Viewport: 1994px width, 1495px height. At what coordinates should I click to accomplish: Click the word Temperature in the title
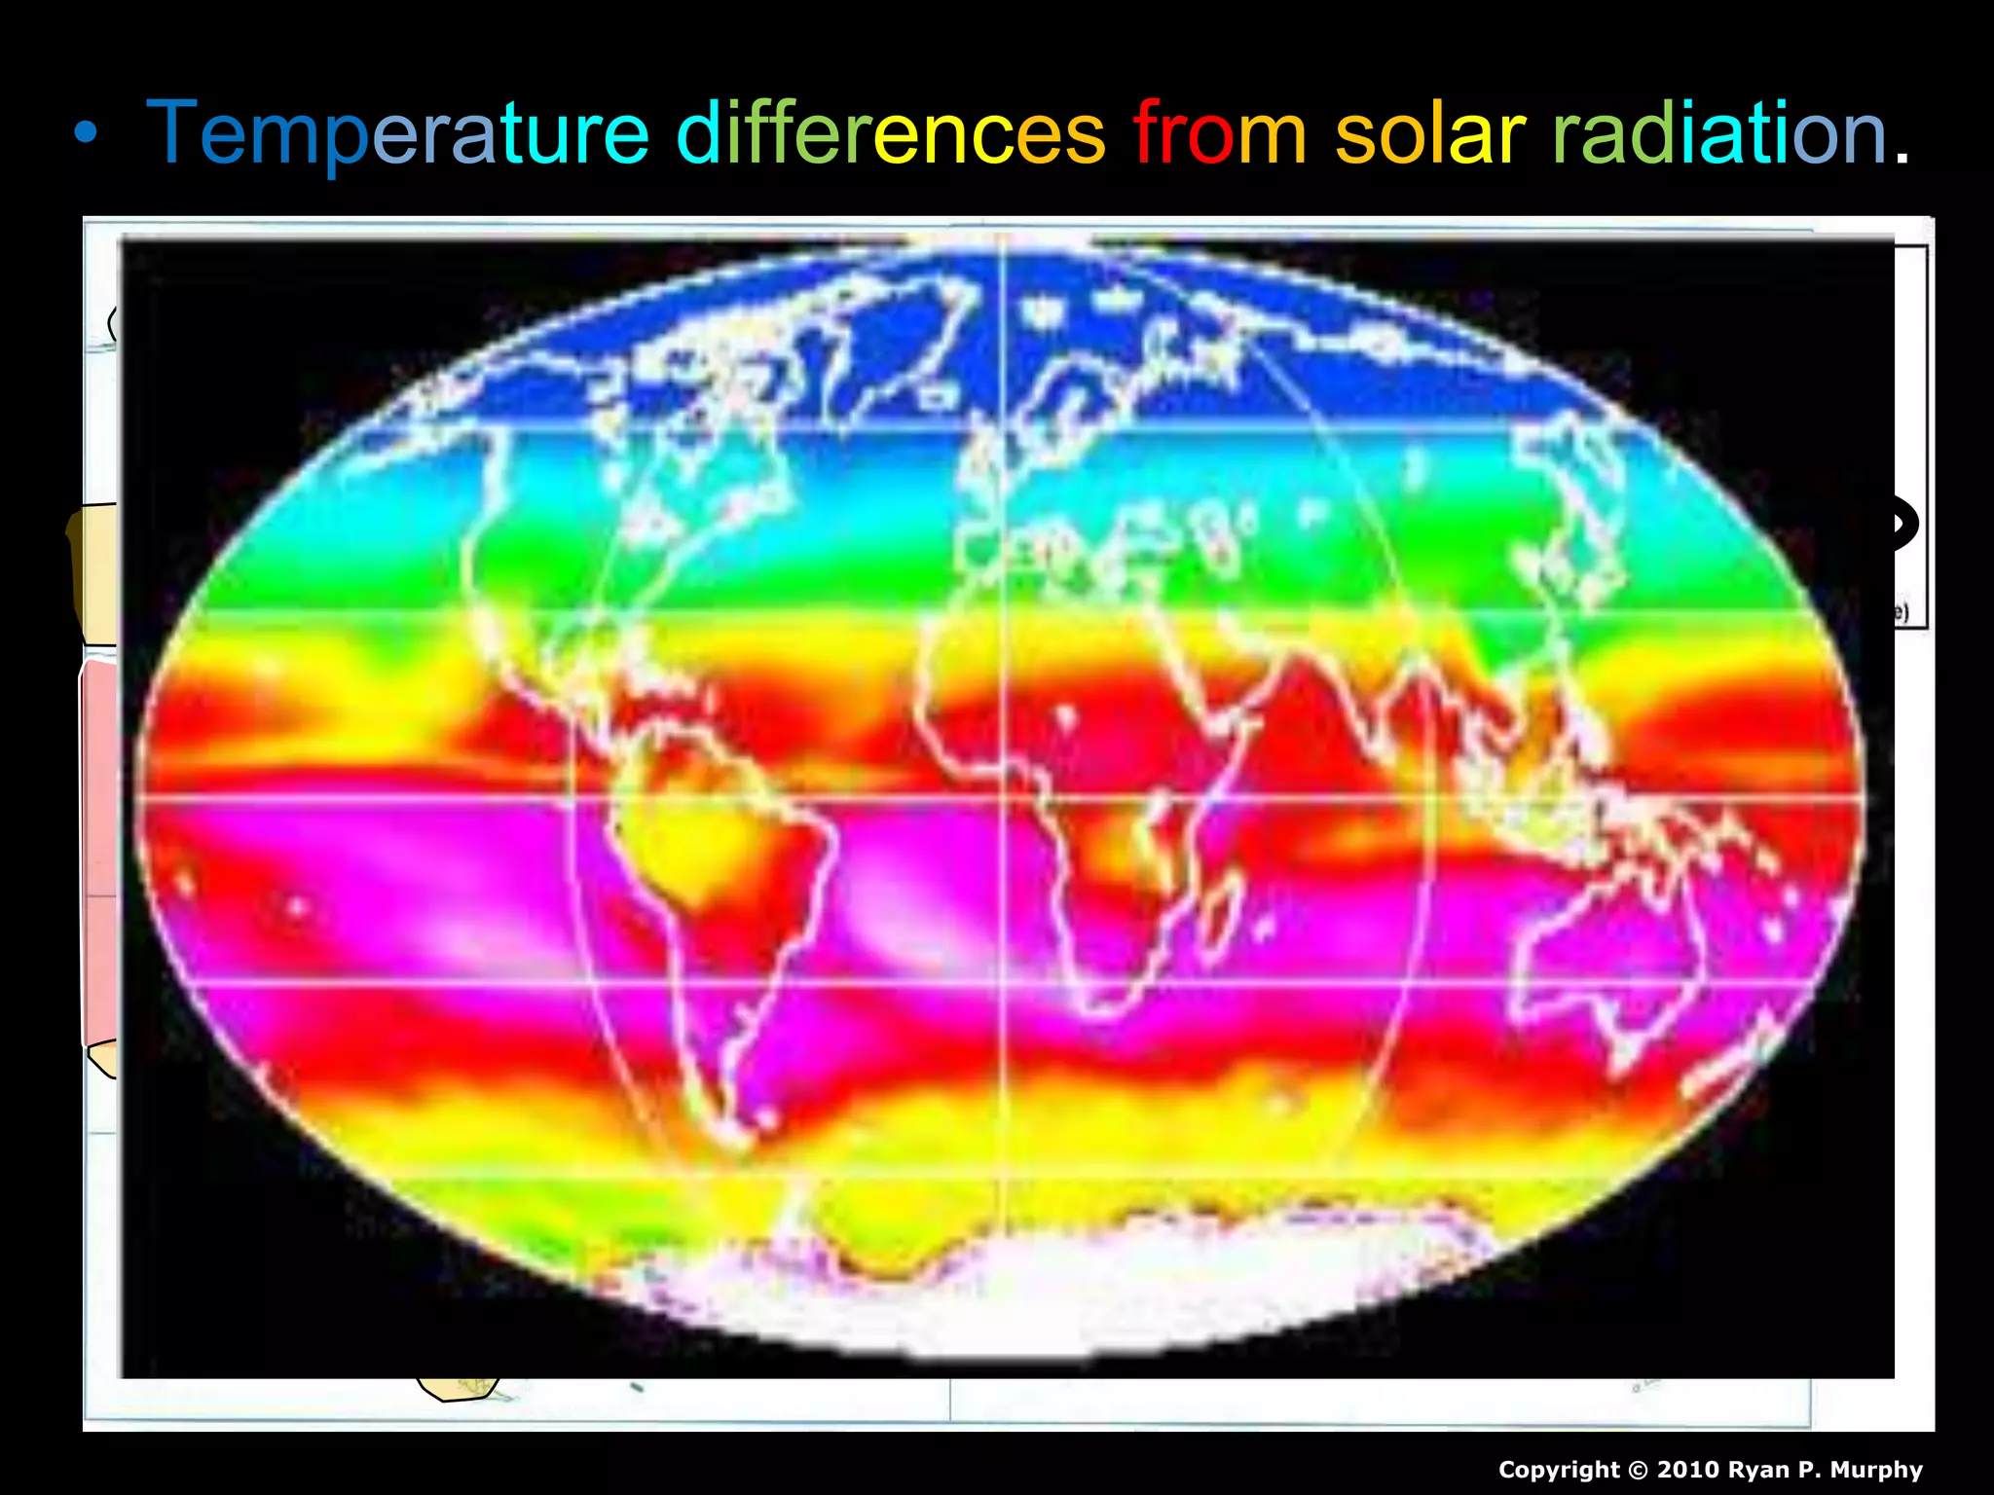397,133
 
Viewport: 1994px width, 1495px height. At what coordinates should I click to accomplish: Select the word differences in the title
890,133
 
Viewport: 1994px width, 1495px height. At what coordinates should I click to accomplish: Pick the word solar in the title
1429,133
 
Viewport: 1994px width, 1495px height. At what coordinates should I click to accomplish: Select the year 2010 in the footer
1687,1470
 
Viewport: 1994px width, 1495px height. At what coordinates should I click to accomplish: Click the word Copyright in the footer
1558,1470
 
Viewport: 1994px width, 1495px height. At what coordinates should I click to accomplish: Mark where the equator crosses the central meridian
1003,798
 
